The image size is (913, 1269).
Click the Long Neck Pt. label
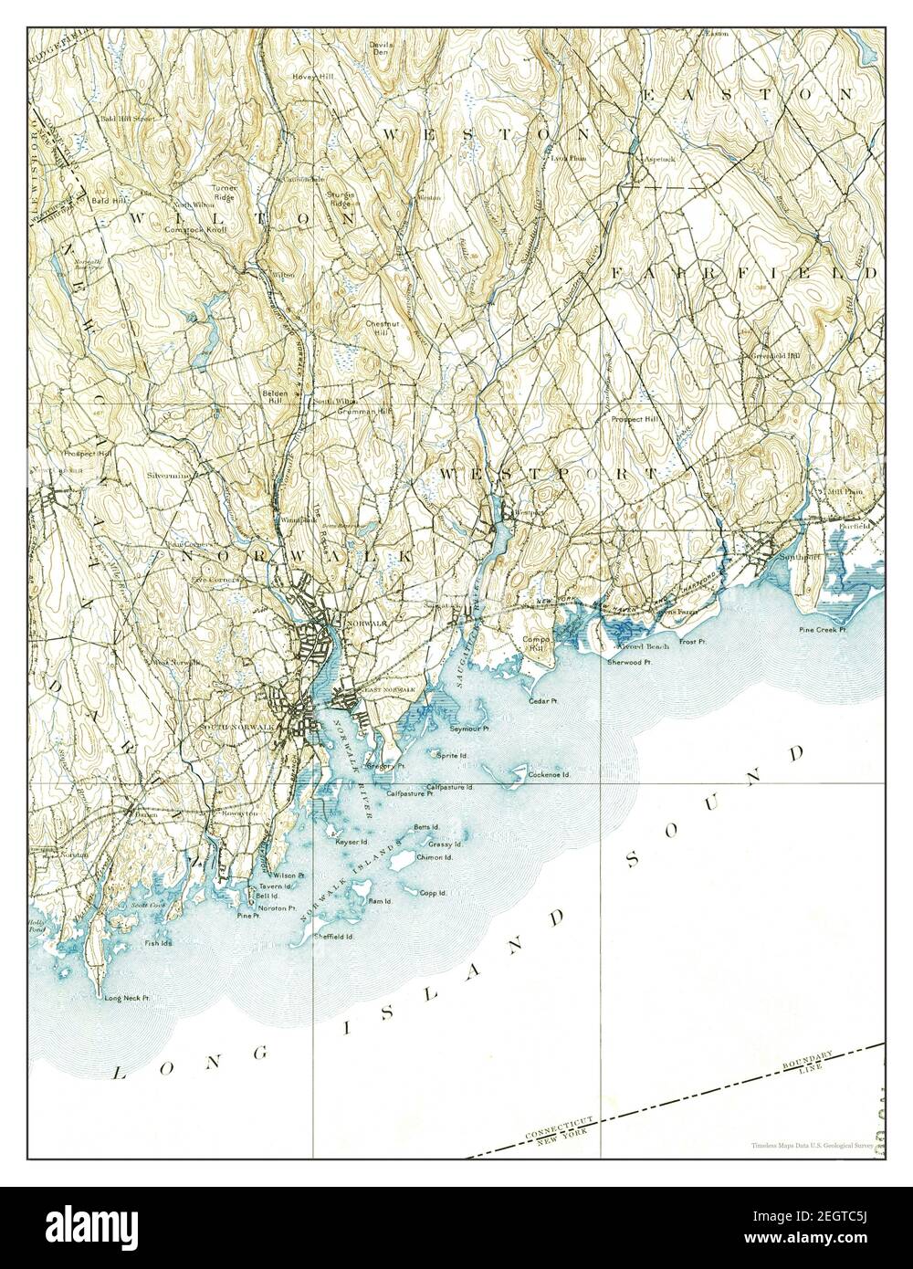point(127,999)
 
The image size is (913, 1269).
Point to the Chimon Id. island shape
point(401,859)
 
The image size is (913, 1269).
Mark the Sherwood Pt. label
point(629,661)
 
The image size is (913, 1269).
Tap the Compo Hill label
point(533,645)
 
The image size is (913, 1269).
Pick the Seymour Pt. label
point(470,729)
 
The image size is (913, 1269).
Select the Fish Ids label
point(158,943)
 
